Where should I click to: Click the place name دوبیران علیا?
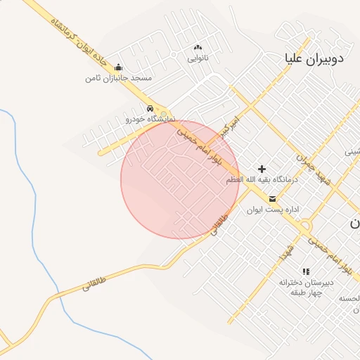tap(314, 58)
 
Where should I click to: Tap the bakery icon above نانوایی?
tap(198, 48)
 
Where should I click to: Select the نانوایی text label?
tap(198, 58)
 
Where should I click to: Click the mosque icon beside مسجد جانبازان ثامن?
tap(118, 67)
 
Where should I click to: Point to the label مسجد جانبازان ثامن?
tap(118, 77)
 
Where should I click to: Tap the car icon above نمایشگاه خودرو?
tap(150, 108)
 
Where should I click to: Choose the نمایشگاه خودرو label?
tap(150, 119)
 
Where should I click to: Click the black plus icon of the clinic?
tap(262, 169)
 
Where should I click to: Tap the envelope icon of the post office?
tap(272, 199)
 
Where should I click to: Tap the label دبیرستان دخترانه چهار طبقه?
tap(305, 288)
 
